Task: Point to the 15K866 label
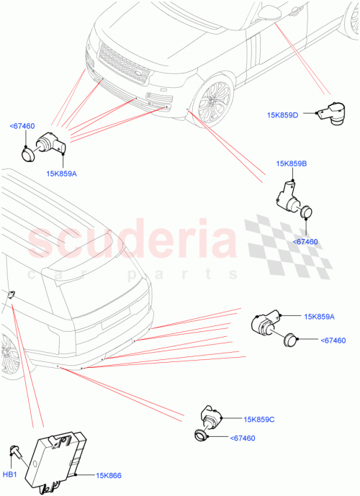click(x=94, y=475)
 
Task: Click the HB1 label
click(x=10, y=474)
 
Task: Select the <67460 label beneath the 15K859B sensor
click(x=305, y=243)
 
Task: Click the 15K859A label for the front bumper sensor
click(x=62, y=173)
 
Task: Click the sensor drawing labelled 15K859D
click(x=330, y=112)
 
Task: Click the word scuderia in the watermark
click(x=132, y=240)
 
